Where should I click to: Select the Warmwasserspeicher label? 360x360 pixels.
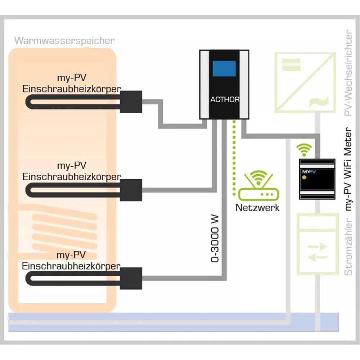click(x=64, y=40)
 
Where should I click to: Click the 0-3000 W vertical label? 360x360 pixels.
click(x=215, y=240)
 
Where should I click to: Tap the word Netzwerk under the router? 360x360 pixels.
click(x=257, y=208)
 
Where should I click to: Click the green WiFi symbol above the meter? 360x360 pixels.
click(x=305, y=149)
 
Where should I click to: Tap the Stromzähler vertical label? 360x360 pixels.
click(x=348, y=247)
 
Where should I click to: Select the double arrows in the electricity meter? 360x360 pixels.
click(x=317, y=252)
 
